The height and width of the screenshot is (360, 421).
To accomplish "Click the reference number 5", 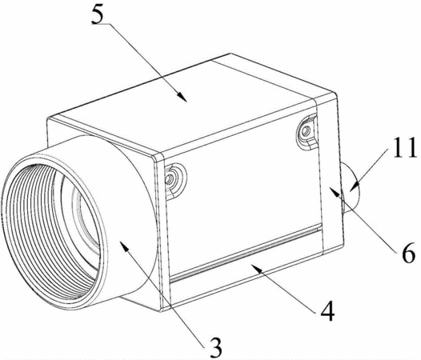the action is (97, 14).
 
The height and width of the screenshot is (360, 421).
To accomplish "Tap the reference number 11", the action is (404, 147).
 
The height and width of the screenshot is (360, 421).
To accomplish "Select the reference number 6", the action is (408, 253).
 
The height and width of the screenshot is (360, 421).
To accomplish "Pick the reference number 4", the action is (328, 311).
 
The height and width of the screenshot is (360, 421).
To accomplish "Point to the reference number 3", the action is (216, 347).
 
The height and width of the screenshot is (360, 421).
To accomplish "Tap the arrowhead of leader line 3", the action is (124, 246).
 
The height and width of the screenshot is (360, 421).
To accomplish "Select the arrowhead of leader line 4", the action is (255, 266).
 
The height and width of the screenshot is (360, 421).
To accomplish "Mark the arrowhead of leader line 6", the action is (333, 191).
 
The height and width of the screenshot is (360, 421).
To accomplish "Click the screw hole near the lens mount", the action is (169, 178).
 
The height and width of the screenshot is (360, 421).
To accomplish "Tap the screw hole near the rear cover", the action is (305, 131).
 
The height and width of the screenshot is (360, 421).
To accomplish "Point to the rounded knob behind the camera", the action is (351, 188).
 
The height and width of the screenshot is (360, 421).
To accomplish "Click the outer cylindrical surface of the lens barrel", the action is (129, 214).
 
